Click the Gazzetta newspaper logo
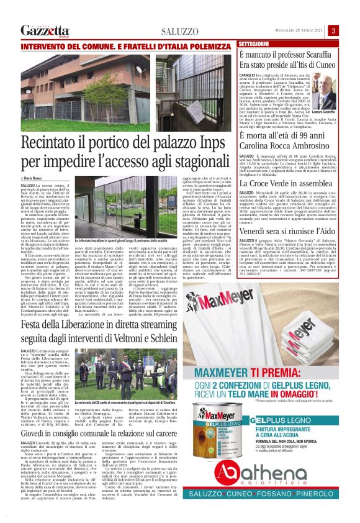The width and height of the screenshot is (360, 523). tap(45, 30)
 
